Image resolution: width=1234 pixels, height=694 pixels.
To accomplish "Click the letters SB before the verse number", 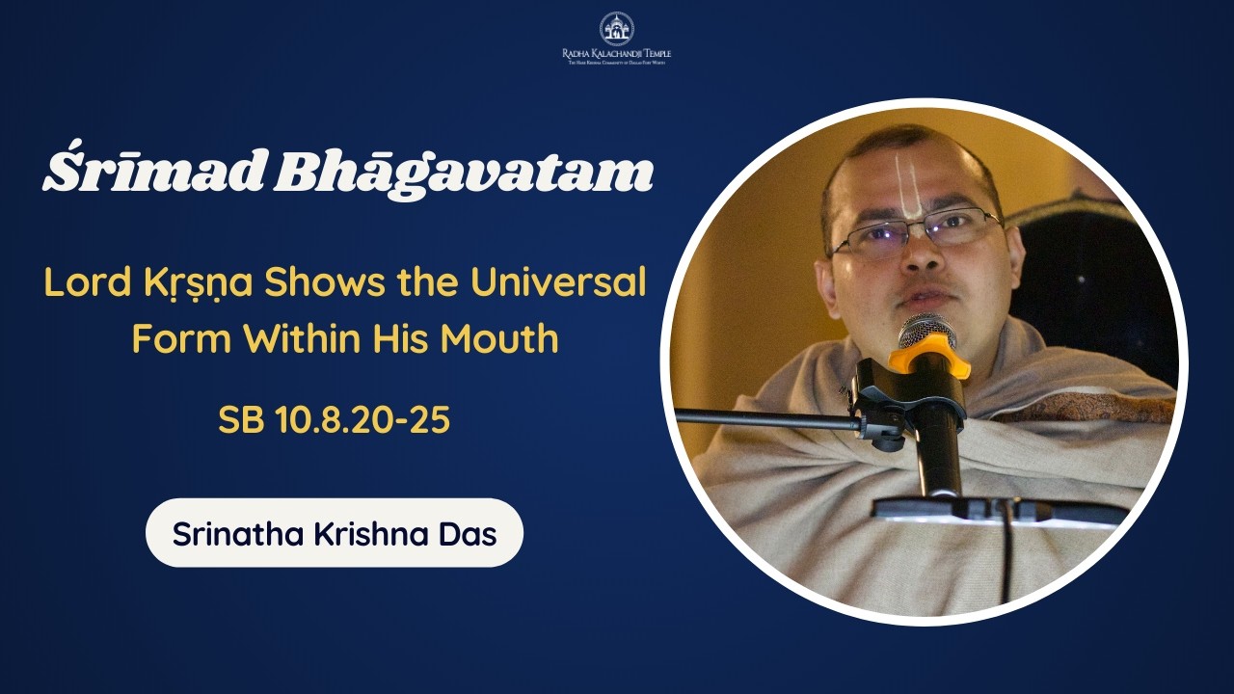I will click(240, 420).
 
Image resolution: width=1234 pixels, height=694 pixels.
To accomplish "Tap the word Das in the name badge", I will click(469, 533).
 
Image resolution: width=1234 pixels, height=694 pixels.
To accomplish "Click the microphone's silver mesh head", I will click(925, 331).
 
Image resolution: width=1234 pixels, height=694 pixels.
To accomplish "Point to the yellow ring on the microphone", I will click(927, 359).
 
